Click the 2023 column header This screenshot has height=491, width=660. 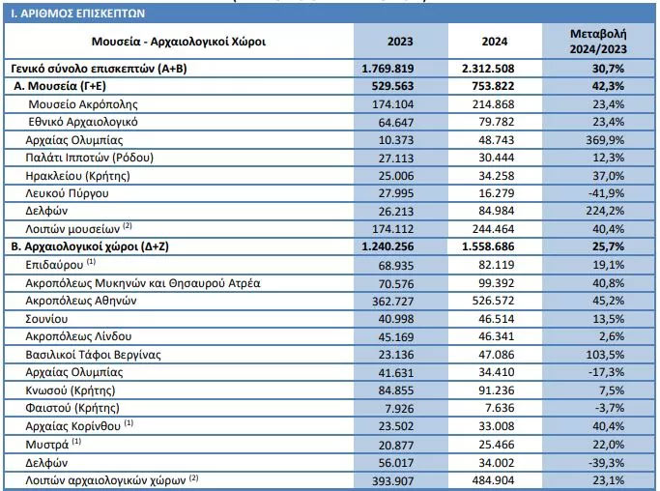tap(400, 42)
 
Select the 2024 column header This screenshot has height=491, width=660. tap(495, 42)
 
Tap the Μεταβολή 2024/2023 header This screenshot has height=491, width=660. tap(598, 42)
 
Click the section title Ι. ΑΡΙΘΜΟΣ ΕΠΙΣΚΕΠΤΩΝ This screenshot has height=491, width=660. tap(78, 14)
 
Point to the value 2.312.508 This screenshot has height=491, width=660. tap(488, 69)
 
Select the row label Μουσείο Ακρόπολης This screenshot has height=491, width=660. tap(83, 104)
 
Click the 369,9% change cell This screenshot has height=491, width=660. tap(605, 140)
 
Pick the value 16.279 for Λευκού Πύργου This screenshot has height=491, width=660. tap(497, 193)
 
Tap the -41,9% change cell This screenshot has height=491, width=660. tap(607, 193)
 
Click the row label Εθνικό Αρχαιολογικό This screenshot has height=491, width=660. tap(83, 122)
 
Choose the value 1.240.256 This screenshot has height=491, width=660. tap(387, 246)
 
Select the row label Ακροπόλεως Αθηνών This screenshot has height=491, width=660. tap(81, 301)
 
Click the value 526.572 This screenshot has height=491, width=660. tap(494, 301)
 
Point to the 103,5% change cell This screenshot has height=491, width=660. tap(605, 355)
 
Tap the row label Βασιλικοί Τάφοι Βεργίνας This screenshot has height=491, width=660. tap(93, 355)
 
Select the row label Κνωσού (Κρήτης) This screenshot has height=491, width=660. tap(71, 390)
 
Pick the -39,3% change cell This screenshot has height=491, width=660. tap(607, 463)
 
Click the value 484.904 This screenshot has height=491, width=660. tap(494, 480)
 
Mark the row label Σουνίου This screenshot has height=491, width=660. tap(46, 319)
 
